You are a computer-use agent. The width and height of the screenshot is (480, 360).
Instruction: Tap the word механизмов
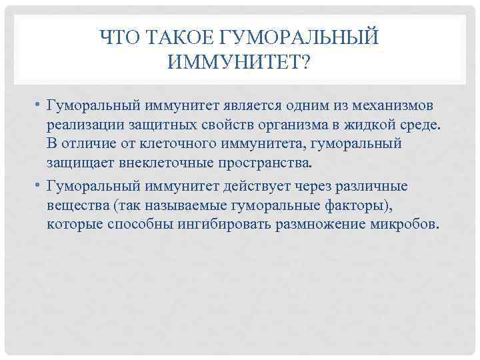(394, 109)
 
